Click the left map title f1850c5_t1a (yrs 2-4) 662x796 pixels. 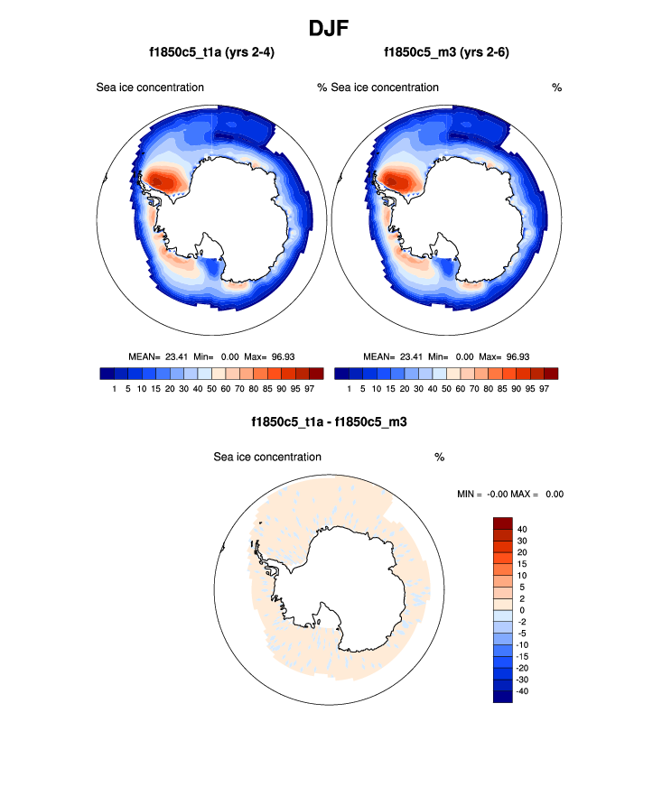[x=211, y=53]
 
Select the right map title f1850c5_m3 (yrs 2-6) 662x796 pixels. [x=447, y=53]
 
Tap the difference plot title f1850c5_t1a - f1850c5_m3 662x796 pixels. [x=331, y=421]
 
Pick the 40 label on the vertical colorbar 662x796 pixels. [x=523, y=529]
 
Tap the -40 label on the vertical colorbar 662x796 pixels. [x=521, y=691]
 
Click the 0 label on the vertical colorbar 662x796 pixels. [x=520, y=610]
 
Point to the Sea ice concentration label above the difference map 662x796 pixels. [x=267, y=458]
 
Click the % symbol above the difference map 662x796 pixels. [x=439, y=458]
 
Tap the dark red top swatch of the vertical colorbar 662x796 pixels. [x=503, y=523]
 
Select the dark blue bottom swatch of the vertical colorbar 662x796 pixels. [x=503, y=697]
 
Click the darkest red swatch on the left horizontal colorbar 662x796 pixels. [x=315, y=373]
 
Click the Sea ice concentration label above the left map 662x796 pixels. [x=150, y=88]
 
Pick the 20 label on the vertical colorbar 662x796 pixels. [x=523, y=552]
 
